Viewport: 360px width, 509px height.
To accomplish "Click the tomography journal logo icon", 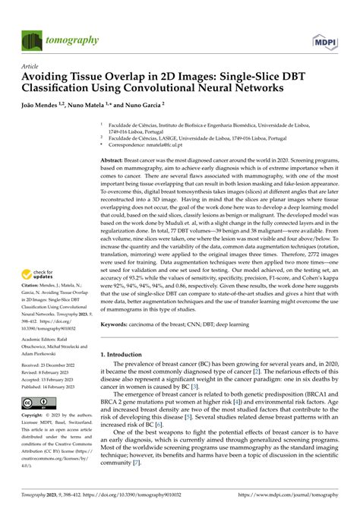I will pyautogui.click(x=33, y=40).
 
